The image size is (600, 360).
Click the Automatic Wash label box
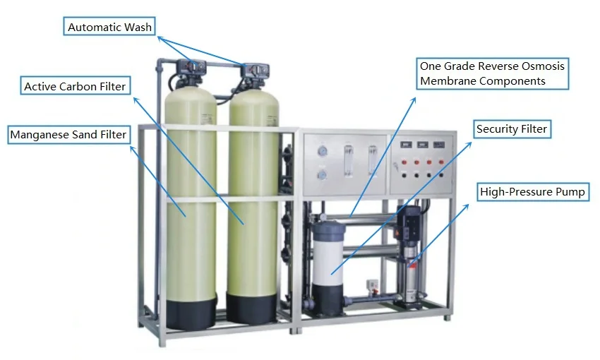pos(109,28)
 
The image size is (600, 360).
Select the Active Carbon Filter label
pos(75,87)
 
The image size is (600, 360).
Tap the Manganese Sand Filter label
pos(68,134)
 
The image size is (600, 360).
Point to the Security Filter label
pos(512,129)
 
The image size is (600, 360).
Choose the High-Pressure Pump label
pos(532,191)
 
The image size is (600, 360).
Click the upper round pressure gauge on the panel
pos(323,150)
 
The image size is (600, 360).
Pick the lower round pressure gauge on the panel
pos(323,174)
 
